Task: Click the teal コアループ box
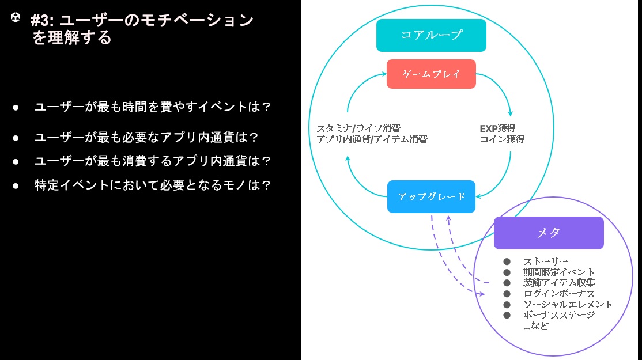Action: [431, 35]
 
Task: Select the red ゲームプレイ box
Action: [431, 74]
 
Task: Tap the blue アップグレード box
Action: [431, 197]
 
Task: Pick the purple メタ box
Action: [549, 233]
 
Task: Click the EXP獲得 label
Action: [497, 128]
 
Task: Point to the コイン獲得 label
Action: [503, 139]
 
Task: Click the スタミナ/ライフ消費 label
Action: [358, 128]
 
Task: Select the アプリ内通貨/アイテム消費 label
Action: [372, 139]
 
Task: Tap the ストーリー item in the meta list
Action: [545, 262]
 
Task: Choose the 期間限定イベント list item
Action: [558, 272]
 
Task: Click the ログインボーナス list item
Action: [558, 294]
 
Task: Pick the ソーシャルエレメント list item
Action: [568, 304]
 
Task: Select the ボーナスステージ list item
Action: [559, 315]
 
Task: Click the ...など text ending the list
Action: [535, 326]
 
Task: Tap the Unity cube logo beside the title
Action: [16, 17]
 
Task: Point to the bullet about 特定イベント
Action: [152, 185]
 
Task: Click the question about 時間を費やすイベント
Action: [152, 107]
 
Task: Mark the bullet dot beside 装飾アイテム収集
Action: [507, 283]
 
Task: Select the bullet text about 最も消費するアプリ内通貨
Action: [152, 161]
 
